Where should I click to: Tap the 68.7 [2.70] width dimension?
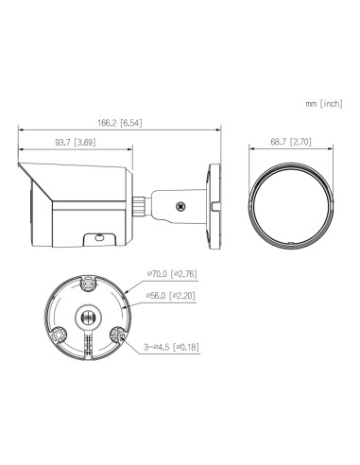point(289,143)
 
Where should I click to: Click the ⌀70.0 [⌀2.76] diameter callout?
point(173,274)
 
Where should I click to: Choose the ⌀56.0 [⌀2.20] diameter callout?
point(173,295)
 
